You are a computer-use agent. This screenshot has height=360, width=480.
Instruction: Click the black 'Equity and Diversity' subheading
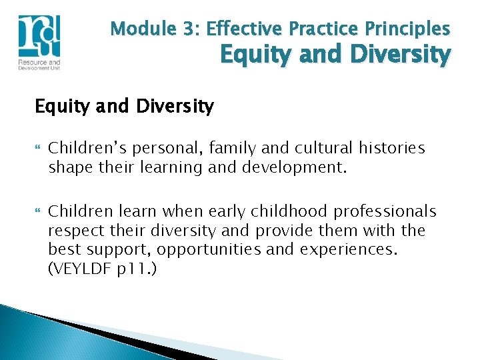[x=124, y=106]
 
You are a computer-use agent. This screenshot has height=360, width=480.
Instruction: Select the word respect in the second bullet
[x=73, y=230]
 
